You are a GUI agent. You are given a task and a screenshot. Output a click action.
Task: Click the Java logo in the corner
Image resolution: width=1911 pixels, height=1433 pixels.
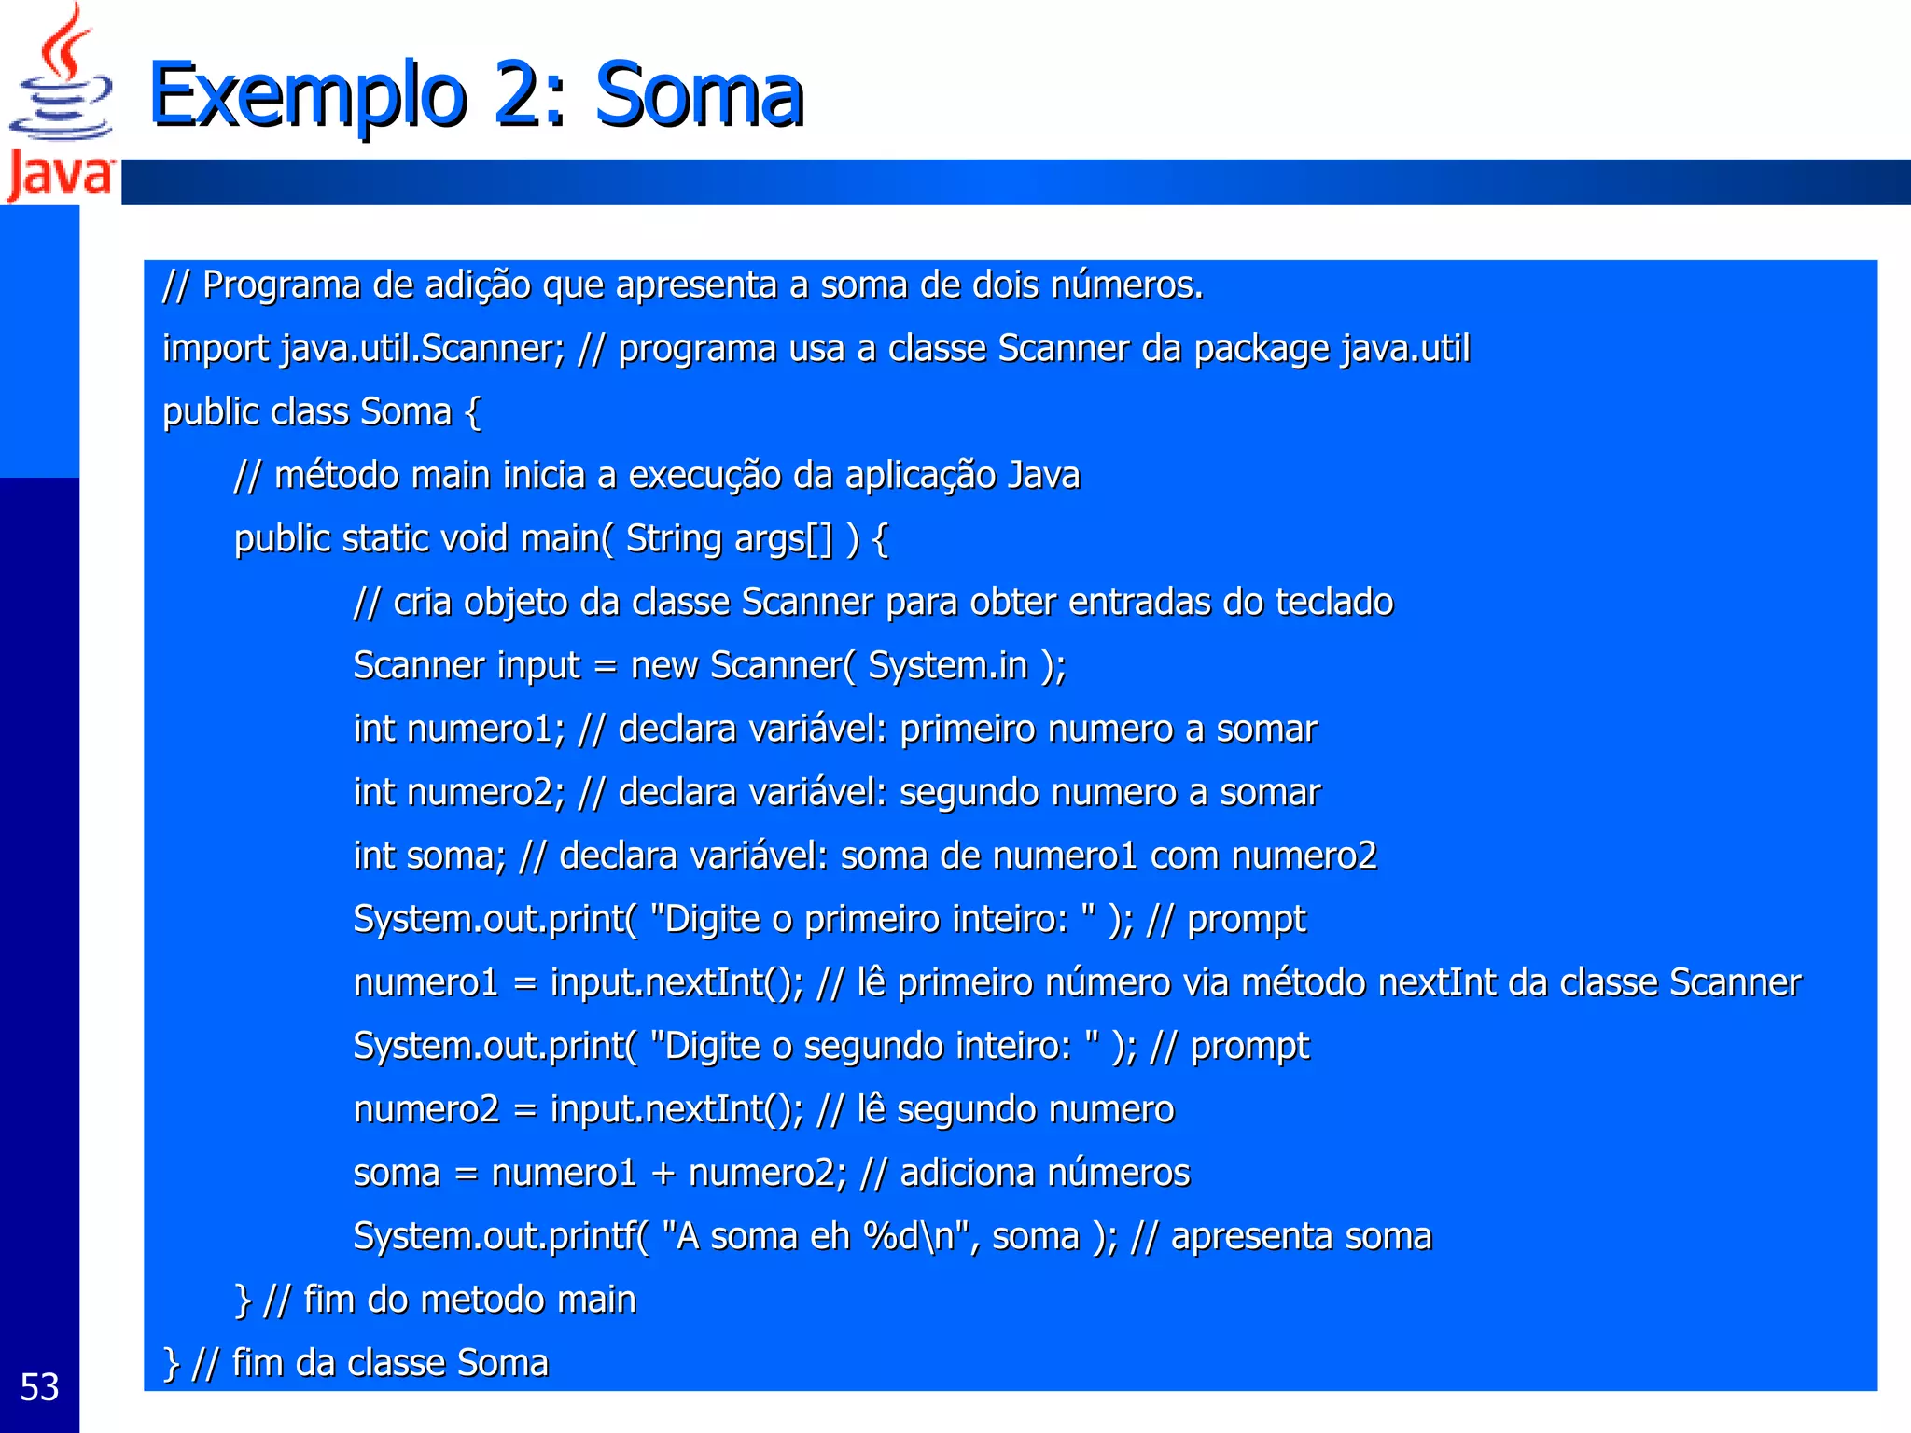tap(60, 103)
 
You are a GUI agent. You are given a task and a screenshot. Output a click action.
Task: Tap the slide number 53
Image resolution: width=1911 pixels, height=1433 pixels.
tap(39, 1387)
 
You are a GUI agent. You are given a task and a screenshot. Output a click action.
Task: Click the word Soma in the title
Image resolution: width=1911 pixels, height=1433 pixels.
tap(699, 95)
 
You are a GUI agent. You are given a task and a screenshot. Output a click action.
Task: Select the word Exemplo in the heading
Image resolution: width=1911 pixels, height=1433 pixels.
tap(307, 95)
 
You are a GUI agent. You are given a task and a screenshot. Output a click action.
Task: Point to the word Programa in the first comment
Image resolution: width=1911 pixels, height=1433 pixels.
tap(281, 285)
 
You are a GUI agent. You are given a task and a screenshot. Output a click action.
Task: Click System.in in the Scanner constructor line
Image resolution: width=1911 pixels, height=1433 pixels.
tap(947, 666)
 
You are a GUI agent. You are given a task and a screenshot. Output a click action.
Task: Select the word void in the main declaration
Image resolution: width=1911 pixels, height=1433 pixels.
tap(474, 539)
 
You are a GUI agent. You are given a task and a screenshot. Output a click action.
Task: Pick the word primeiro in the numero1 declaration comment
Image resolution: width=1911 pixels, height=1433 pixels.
tap(968, 730)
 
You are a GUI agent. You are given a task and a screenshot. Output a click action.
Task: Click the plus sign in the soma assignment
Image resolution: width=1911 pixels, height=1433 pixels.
tap(663, 1174)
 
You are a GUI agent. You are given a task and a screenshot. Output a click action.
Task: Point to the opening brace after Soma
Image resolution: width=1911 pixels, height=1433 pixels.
tap(473, 412)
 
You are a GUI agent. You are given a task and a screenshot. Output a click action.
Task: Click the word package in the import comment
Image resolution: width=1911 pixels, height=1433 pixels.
tap(1262, 349)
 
